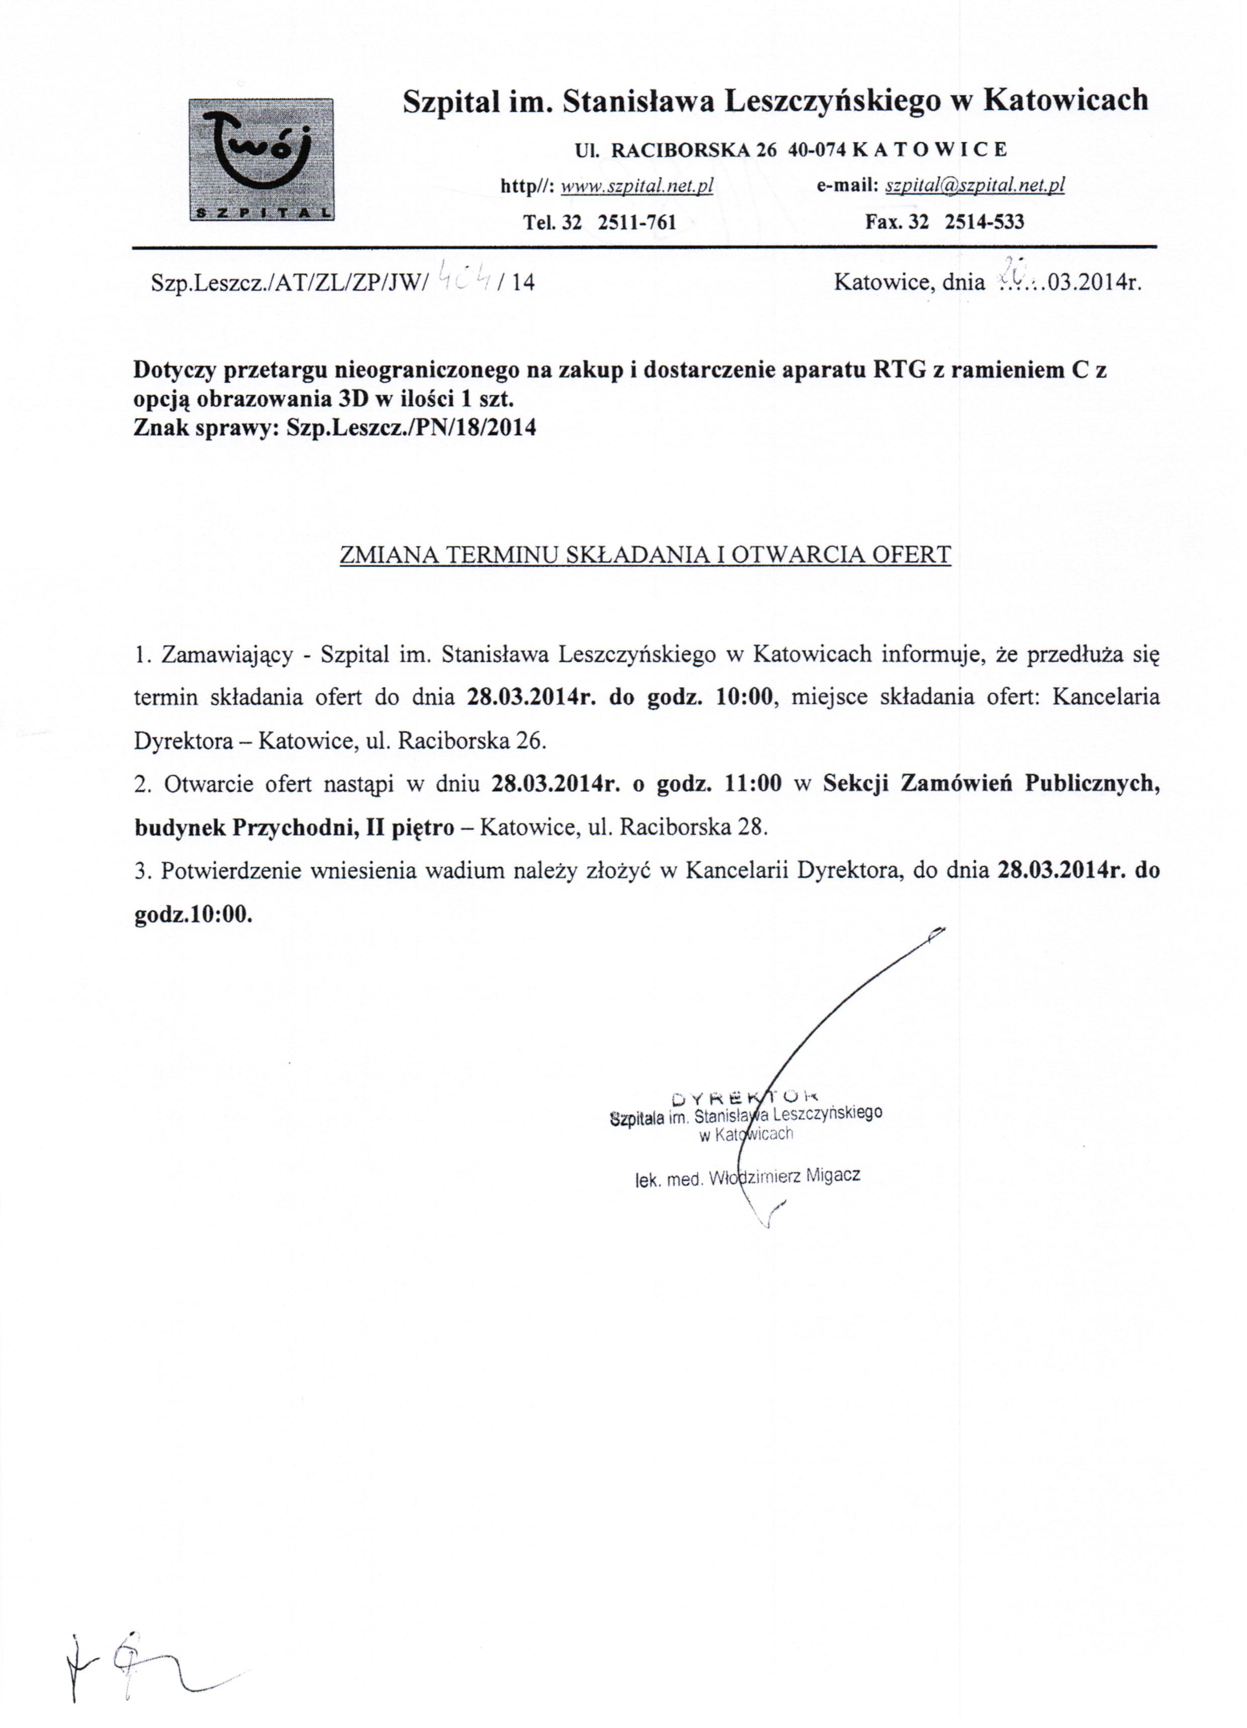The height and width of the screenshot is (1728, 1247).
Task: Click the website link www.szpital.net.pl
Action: click(x=637, y=185)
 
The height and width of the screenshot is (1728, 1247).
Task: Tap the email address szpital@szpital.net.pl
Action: click(x=974, y=185)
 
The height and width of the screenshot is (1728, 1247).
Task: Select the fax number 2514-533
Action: click(x=984, y=223)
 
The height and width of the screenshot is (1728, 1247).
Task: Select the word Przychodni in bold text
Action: click(x=297, y=828)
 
